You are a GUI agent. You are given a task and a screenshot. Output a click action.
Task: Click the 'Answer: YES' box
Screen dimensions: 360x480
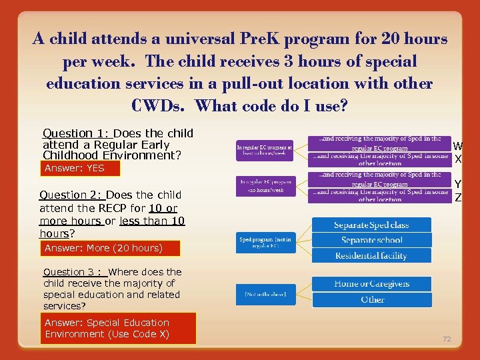pos(80,169)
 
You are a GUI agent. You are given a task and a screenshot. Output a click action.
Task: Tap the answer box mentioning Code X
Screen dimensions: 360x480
pos(118,328)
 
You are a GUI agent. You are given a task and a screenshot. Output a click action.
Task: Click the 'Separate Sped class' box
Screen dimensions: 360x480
pos(371,225)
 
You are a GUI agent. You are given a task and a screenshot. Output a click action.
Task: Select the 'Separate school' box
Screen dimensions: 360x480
pos(371,240)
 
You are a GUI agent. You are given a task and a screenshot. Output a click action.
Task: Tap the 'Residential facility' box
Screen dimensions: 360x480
pos(371,255)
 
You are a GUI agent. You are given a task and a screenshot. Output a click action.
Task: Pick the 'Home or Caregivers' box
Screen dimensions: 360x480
pos(371,284)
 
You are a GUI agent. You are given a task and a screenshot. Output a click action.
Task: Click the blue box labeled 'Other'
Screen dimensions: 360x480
pos(371,300)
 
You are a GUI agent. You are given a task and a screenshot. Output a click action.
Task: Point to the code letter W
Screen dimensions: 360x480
pos(458,147)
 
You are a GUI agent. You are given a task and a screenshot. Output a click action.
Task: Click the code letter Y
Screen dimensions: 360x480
pos(458,185)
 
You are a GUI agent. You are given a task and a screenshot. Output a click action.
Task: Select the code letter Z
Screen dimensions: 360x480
pos(458,197)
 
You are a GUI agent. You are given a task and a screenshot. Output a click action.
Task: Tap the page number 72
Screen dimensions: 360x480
pos(447,339)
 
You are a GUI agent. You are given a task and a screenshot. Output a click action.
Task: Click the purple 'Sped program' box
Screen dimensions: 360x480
pos(265,241)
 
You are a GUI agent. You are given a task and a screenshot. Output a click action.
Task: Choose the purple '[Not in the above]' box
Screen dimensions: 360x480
pos(265,294)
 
